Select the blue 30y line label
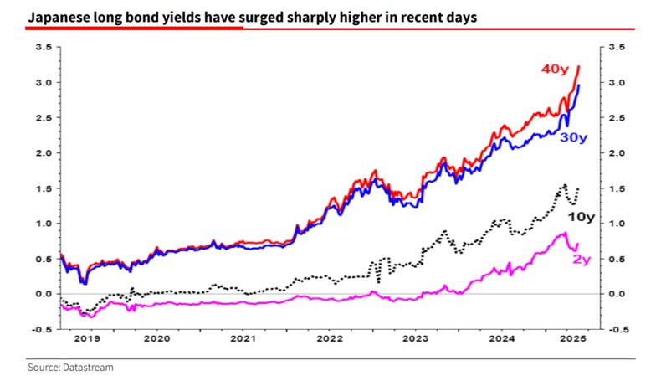572,137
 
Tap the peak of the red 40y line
580,66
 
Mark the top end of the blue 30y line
580,85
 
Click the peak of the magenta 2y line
564,234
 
